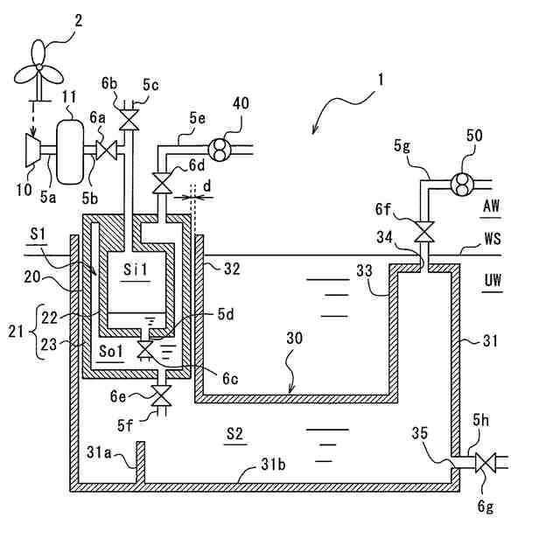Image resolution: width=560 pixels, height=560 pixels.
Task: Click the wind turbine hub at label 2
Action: (x=39, y=66)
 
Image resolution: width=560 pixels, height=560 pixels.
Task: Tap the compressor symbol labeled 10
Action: (x=33, y=150)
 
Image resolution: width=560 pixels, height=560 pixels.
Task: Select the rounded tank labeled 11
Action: (x=70, y=151)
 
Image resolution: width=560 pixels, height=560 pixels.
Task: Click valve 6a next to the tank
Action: (x=107, y=150)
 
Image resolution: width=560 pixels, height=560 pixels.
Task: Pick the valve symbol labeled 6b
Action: (x=129, y=120)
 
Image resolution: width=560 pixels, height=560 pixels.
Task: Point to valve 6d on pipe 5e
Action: (x=162, y=183)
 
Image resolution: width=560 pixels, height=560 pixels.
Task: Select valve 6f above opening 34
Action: (x=424, y=232)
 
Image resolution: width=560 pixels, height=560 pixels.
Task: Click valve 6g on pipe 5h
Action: (x=486, y=463)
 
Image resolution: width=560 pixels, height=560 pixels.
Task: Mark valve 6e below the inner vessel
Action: (x=162, y=395)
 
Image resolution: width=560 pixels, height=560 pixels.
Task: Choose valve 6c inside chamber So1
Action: (x=145, y=349)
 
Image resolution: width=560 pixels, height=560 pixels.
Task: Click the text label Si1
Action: (x=136, y=269)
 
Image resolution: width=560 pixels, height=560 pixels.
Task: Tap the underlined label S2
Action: (x=235, y=434)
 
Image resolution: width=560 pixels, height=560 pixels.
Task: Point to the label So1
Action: (x=111, y=352)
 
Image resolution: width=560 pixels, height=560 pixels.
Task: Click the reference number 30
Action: (x=295, y=338)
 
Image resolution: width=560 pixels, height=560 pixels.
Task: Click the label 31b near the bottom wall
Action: (x=274, y=465)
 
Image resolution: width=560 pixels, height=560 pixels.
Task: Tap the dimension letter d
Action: (x=207, y=186)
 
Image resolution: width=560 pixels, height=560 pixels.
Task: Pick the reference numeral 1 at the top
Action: (x=381, y=80)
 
